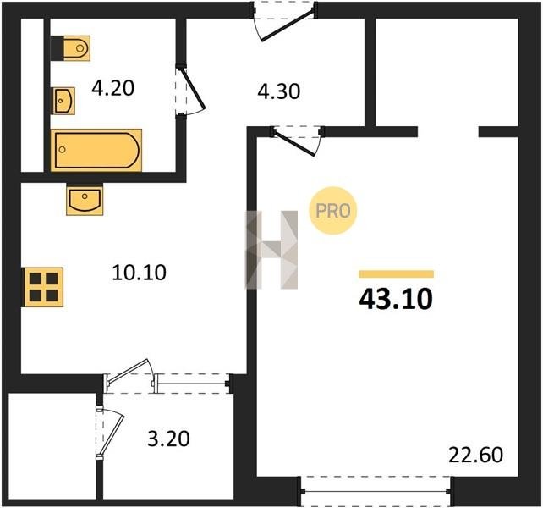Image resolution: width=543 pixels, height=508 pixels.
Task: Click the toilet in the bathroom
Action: (x=71, y=48)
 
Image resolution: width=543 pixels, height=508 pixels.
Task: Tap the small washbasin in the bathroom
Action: (x=63, y=101)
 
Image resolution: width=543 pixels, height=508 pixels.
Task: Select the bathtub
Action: (x=96, y=150)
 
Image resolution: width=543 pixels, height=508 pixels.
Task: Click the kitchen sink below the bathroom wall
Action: (x=85, y=200)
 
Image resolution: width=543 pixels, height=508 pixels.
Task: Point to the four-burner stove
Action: (x=43, y=287)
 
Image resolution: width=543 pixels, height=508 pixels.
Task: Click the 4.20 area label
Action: (x=112, y=88)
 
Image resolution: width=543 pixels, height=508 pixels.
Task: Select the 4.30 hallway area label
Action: (x=279, y=91)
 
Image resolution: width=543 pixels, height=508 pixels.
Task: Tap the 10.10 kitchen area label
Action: (x=139, y=273)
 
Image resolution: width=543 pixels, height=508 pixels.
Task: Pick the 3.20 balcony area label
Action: (x=168, y=439)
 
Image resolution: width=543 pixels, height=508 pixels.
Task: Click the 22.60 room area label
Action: (x=475, y=455)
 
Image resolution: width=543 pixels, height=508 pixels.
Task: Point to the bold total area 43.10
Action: (x=396, y=300)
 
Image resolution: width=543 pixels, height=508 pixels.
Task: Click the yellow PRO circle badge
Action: (x=332, y=211)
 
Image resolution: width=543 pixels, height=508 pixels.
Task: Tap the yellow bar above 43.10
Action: (x=396, y=274)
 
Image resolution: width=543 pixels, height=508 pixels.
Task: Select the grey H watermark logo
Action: (x=271, y=250)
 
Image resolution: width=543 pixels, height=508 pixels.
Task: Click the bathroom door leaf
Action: (x=193, y=89)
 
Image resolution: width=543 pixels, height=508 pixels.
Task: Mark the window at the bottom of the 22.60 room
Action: (x=376, y=491)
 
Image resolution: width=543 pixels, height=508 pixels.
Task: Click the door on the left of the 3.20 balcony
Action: (x=111, y=433)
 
